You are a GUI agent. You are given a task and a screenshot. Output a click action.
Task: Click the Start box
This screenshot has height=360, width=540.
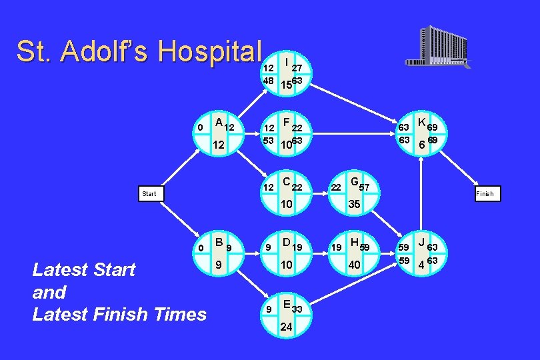coord(149,194)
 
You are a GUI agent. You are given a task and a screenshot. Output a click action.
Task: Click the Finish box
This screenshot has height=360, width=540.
coord(485,194)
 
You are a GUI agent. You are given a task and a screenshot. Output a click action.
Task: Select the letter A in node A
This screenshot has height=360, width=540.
coord(219,122)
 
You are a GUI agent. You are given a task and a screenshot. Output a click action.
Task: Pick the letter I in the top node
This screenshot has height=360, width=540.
coord(286,62)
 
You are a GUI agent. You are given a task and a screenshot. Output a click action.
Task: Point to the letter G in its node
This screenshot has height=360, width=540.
coord(354,182)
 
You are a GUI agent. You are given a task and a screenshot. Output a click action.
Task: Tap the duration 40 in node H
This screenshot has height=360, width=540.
coord(355,266)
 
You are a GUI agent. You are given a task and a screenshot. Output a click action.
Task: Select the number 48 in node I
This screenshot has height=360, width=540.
coord(268,80)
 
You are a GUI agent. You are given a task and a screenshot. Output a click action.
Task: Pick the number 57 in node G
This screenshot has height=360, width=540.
coord(365,188)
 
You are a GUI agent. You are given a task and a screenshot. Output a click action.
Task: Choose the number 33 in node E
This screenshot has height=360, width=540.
coord(298,310)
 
